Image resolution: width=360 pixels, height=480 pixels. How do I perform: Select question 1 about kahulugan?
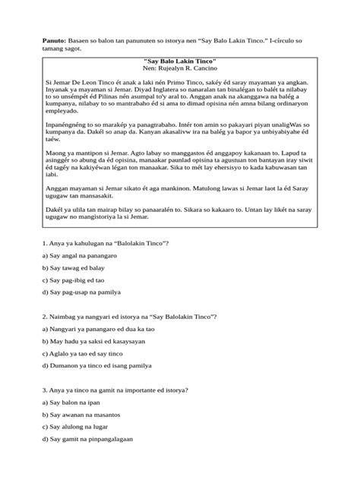point(103,242)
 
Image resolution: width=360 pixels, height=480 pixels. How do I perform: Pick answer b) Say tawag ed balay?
point(74,269)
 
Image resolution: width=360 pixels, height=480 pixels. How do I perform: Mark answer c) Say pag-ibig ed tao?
point(76,280)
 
